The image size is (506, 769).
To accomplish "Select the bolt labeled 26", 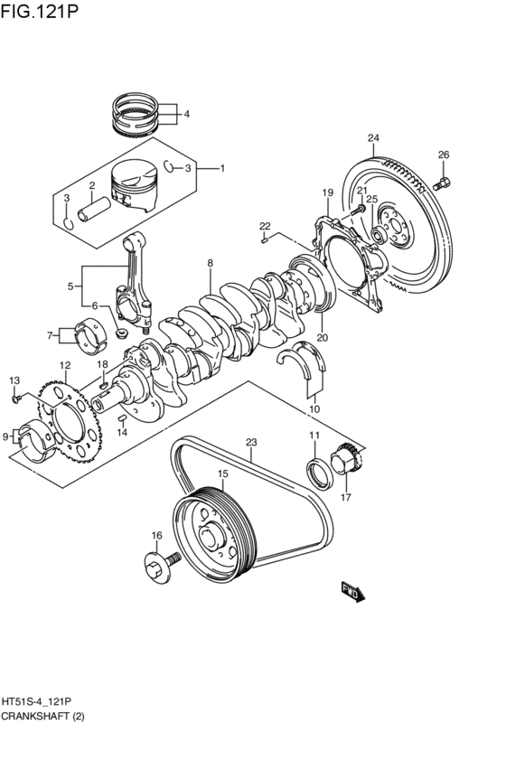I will click(442, 185).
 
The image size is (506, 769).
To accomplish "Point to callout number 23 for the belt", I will click(251, 443).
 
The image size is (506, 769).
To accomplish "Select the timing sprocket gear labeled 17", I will click(347, 463).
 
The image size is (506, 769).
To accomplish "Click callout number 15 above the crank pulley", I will click(221, 474).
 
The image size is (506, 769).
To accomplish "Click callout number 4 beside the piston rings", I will click(186, 115).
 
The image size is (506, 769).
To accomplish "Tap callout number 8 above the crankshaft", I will click(210, 264).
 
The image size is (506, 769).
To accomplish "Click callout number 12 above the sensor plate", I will click(64, 366).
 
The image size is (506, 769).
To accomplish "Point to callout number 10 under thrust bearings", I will click(314, 408).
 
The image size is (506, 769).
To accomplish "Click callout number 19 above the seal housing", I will click(327, 192).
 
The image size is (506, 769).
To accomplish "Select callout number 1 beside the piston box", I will click(222, 168).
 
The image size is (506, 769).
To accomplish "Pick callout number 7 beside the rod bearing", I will click(51, 336).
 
